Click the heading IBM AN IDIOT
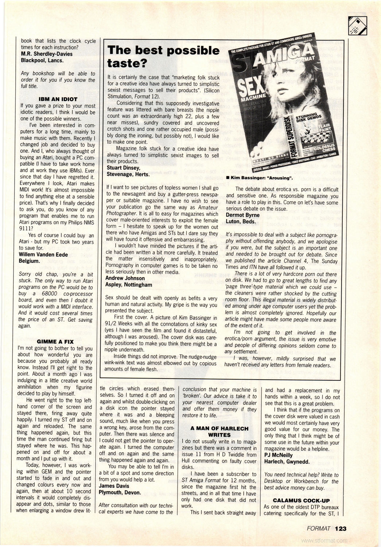point(58,99)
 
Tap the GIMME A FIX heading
point(55,342)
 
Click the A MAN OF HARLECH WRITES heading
point(219,431)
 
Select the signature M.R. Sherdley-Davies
point(47,54)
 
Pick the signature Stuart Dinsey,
point(123,168)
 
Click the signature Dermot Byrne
point(242,215)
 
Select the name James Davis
point(114,486)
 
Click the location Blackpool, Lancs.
point(42,61)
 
